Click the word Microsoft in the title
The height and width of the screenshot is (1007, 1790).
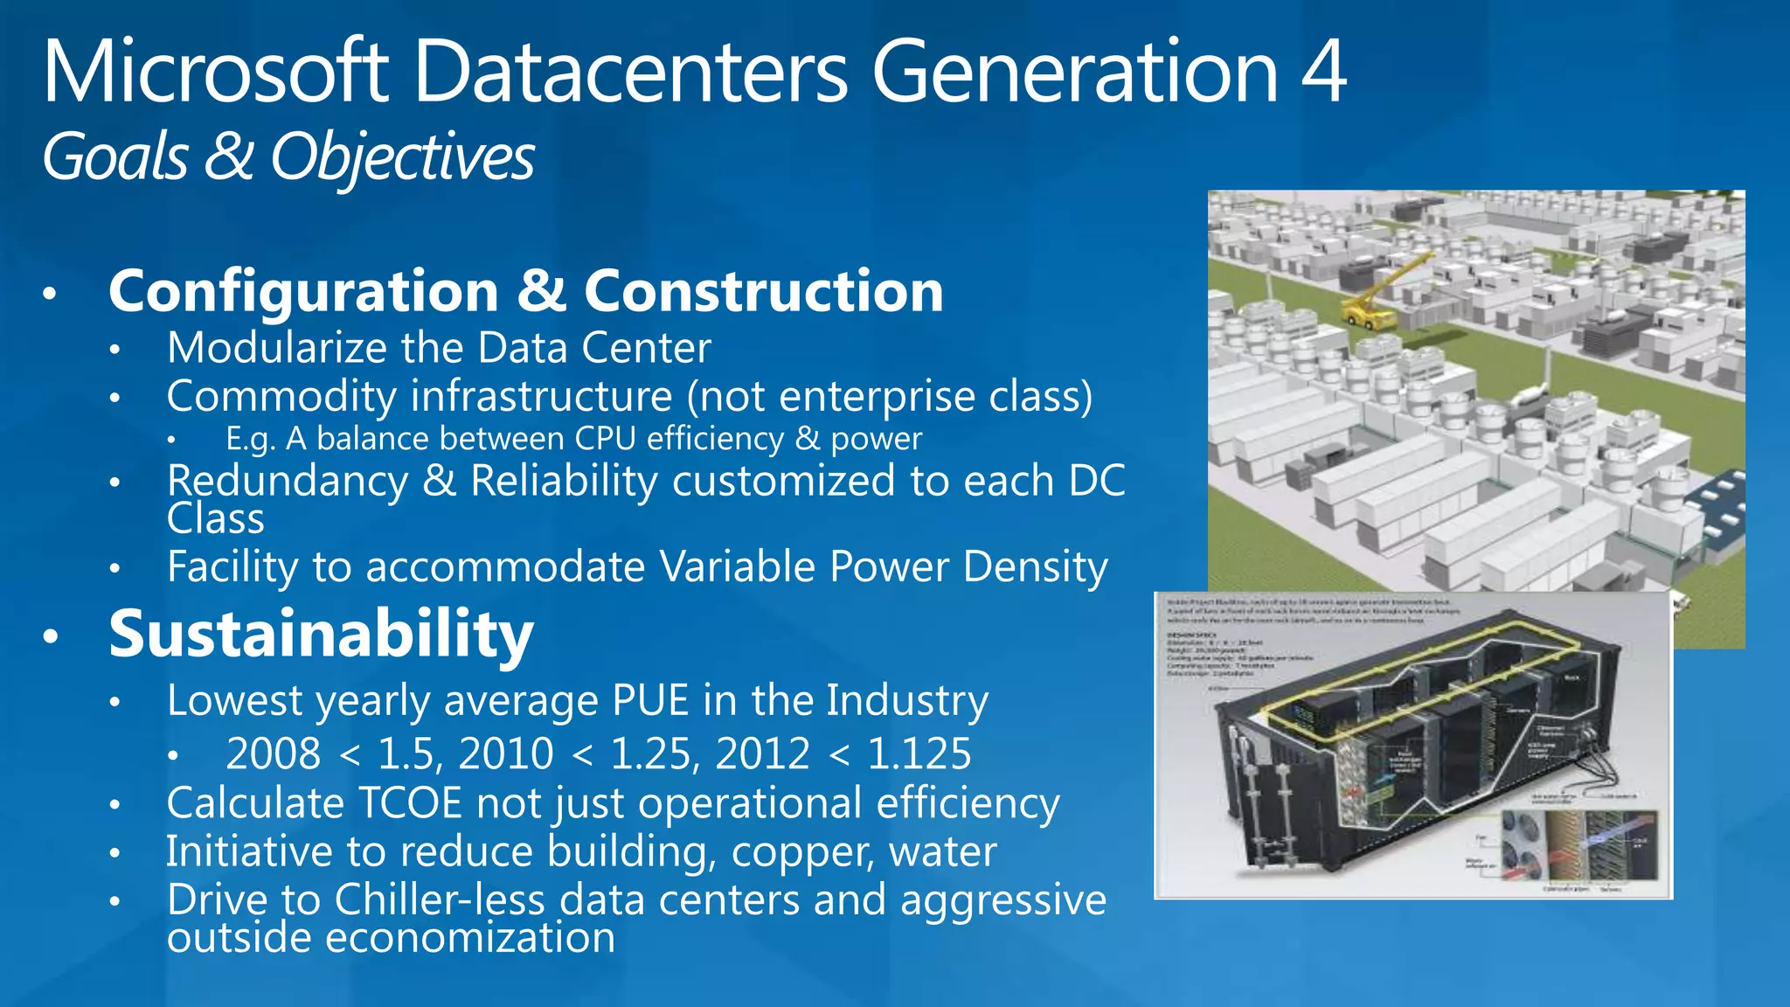(x=215, y=73)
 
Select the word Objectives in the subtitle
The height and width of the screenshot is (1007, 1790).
(x=402, y=159)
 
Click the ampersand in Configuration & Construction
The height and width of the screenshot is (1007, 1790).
(x=541, y=291)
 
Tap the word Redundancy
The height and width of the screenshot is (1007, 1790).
(x=288, y=482)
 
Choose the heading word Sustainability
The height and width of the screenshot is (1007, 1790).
(x=321, y=635)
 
